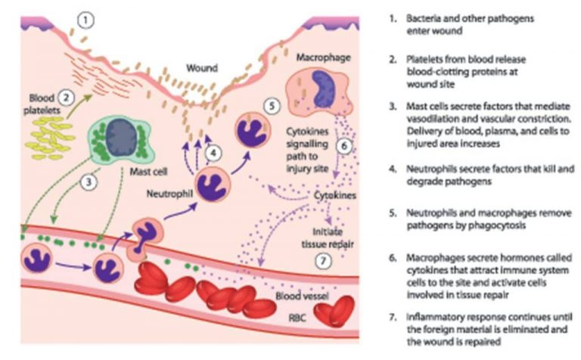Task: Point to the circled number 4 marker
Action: [214, 151]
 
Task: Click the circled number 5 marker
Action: [274, 107]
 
